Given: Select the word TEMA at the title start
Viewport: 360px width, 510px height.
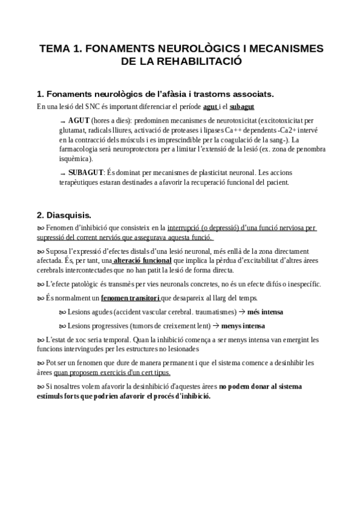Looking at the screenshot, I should [55, 48].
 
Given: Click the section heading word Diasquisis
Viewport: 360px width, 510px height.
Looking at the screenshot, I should [69, 214].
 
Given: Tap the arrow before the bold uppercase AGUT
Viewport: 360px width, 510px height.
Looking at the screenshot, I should [63, 121].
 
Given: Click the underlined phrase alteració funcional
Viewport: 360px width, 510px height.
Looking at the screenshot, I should [141, 261].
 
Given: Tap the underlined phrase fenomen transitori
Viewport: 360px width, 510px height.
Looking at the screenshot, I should [129, 298].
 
